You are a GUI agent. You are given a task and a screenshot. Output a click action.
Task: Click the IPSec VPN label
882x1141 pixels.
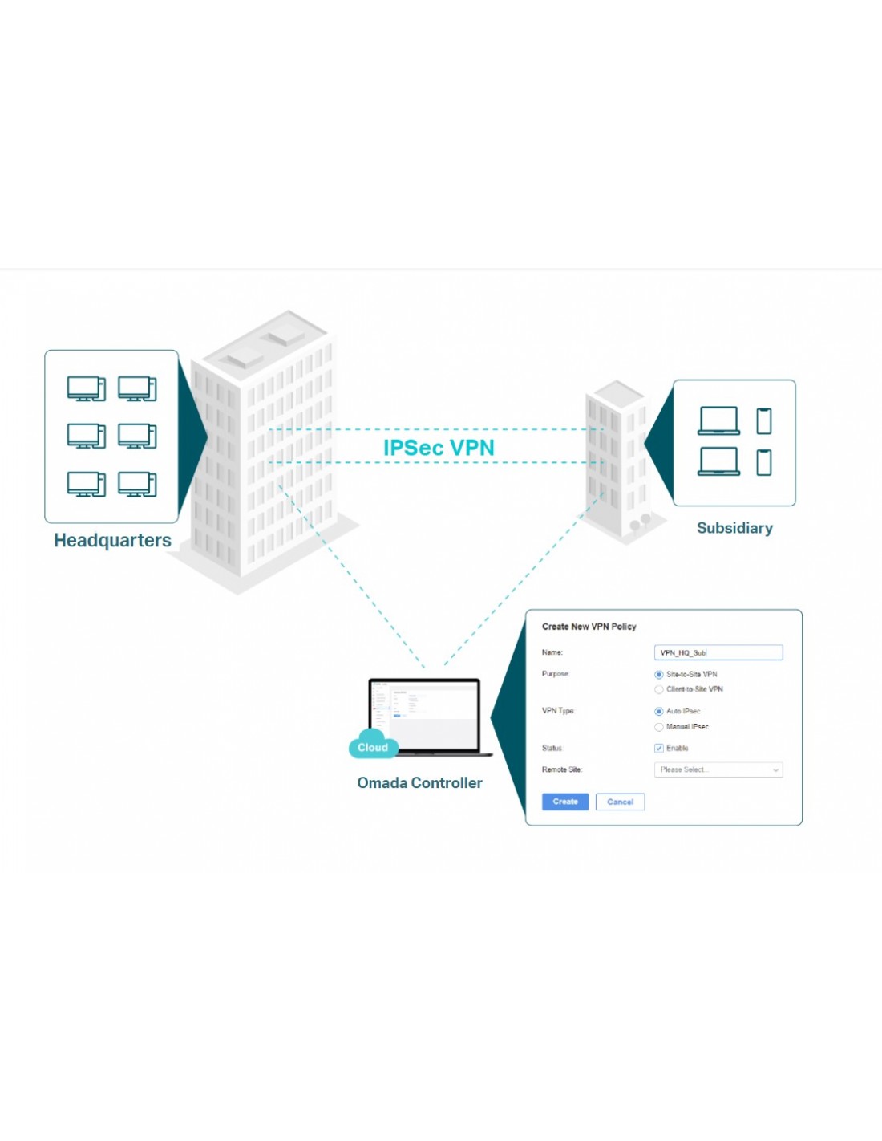(x=439, y=448)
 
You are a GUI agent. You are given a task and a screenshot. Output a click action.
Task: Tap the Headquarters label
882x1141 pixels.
(x=112, y=540)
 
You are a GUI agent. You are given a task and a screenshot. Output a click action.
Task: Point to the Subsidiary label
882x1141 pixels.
(x=734, y=528)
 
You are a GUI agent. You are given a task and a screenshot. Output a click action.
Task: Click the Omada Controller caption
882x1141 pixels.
(x=419, y=782)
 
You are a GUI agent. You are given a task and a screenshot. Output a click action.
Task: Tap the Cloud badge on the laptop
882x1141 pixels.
(x=373, y=747)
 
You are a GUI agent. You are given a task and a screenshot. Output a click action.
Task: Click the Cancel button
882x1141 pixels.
(x=620, y=802)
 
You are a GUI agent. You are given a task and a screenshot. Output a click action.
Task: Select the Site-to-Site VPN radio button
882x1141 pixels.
(x=659, y=675)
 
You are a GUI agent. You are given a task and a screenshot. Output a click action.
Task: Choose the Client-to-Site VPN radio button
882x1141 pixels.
(x=659, y=689)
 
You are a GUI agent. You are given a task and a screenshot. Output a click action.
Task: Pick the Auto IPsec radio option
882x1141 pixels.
(x=659, y=712)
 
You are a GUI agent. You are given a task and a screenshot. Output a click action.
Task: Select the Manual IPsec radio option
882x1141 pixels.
(x=659, y=727)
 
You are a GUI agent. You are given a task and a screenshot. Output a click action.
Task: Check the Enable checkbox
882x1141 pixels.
(x=659, y=749)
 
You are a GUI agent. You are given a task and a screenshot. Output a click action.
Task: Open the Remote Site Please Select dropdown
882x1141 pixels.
(x=718, y=770)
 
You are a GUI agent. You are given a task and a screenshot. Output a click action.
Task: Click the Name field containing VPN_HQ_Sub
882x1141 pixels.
(x=718, y=653)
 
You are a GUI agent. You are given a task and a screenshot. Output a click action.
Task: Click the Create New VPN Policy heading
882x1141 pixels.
(x=589, y=627)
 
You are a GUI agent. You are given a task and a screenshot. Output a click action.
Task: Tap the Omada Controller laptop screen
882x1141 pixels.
(x=424, y=715)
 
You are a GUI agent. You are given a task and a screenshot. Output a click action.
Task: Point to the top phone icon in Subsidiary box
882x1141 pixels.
(x=764, y=420)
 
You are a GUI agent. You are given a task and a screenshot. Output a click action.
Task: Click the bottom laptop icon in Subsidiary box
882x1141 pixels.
(x=718, y=461)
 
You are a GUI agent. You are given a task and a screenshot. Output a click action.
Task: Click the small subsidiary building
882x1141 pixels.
(x=616, y=457)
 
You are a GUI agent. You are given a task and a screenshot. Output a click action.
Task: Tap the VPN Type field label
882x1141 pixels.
(x=558, y=711)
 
